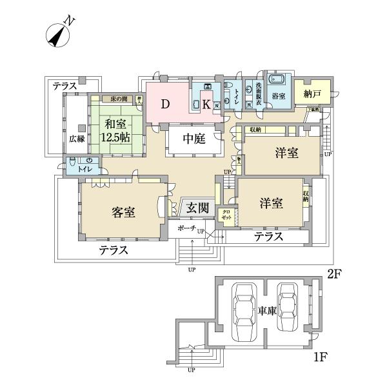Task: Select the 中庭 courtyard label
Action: click(193, 138)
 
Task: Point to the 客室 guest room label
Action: click(122, 212)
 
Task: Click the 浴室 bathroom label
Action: click(279, 95)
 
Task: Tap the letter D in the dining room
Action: click(165, 104)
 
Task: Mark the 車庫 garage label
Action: click(267, 311)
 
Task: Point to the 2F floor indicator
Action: click(333, 273)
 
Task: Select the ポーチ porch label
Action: click(184, 228)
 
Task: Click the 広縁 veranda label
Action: click(77, 138)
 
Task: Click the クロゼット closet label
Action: click(227, 215)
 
